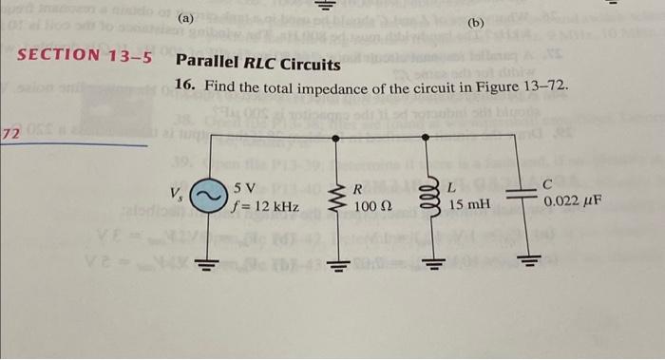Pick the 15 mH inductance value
click(x=470, y=205)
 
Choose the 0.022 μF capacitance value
click(x=575, y=202)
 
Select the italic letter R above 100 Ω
click(x=357, y=188)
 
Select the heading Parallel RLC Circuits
click(x=257, y=65)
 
